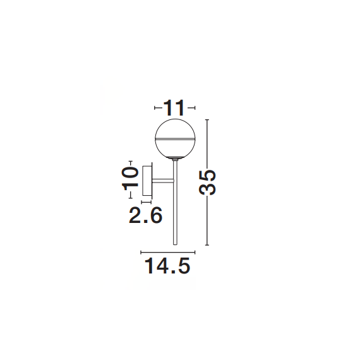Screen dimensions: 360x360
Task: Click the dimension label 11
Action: [x=174, y=107]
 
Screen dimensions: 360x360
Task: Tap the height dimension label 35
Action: [x=207, y=183]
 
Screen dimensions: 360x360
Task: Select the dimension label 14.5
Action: [x=167, y=266]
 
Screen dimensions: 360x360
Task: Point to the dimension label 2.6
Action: [x=145, y=215]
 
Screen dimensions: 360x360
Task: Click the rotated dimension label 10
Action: [x=130, y=178]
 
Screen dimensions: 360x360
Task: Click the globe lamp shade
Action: [x=175, y=139]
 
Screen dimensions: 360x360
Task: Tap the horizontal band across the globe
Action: [x=175, y=139]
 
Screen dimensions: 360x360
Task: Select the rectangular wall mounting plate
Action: [x=147, y=181]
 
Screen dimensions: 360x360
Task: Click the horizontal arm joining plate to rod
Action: [x=163, y=181]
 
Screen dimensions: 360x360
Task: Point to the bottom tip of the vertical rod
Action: [x=175, y=245]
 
